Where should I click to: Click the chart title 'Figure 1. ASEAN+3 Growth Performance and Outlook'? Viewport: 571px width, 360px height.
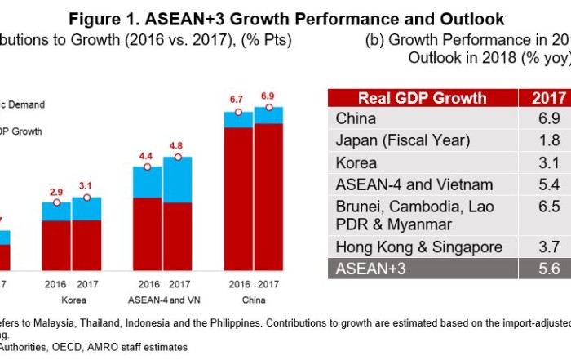[x=286, y=18]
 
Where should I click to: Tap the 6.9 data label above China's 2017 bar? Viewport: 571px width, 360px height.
[x=268, y=96]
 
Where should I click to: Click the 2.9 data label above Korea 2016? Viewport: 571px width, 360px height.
[x=56, y=192]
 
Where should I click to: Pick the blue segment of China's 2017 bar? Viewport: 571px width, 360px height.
[x=268, y=115]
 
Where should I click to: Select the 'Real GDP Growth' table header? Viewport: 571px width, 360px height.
[x=423, y=99]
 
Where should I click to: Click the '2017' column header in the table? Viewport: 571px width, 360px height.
[x=549, y=99]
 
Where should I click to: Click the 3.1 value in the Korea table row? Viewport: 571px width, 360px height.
[x=549, y=162]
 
